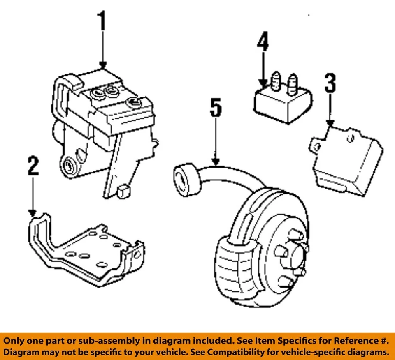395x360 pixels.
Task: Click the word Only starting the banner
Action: click(16, 341)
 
